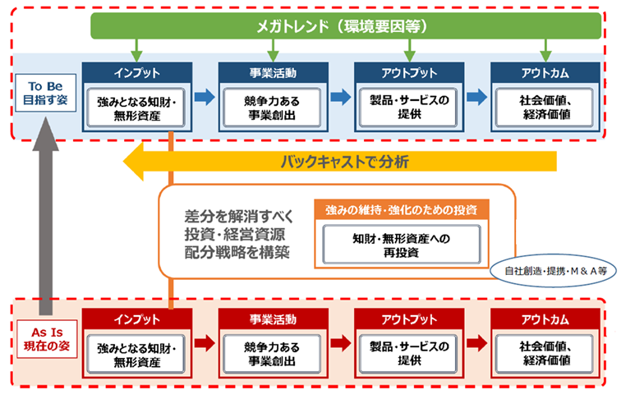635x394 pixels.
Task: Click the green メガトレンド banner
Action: (x=346, y=26)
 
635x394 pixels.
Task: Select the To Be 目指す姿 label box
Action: (x=45, y=93)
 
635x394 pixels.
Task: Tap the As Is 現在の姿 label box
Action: (x=47, y=339)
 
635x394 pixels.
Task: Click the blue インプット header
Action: (x=137, y=73)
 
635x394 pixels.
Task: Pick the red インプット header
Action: (x=137, y=319)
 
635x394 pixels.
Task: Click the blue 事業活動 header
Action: (x=273, y=73)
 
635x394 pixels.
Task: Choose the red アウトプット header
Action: (x=409, y=319)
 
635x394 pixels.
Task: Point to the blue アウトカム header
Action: (x=545, y=73)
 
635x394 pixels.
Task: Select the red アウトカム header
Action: (x=545, y=319)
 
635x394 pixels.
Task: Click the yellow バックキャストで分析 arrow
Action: (x=340, y=162)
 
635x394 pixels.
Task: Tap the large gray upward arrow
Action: (x=45, y=216)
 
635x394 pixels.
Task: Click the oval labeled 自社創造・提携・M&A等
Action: (x=553, y=271)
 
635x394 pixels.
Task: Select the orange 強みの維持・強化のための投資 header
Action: (x=402, y=210)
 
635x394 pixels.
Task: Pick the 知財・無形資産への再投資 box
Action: (x=402, y=245)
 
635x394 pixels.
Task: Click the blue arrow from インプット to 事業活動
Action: (x=205, y=97)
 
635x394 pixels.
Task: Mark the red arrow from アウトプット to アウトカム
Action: (x=477, y=343)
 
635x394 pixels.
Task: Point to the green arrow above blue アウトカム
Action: (x=545, y=51)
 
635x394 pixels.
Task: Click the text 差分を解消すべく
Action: (x=239, y=216)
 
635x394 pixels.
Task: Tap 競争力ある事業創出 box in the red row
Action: (x=272, y=354)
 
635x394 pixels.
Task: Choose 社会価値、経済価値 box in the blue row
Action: (x=545, y=108)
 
